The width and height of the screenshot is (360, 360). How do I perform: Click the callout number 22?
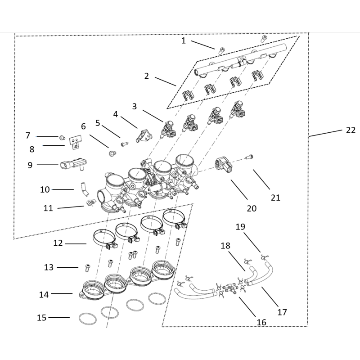pos(350,130)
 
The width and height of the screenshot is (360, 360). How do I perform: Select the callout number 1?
pos(184,41)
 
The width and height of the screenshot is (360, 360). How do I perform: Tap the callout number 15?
pos(41,318)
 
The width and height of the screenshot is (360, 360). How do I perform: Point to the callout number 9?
pos(30,165)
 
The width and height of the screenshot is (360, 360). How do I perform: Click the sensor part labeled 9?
pos(73,164)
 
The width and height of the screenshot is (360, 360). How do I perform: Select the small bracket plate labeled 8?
pos(76,142)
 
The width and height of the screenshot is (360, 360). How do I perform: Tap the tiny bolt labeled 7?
pos(63,137)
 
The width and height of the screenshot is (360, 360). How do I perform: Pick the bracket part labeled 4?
pos(144,134)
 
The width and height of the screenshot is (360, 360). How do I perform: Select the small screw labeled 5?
pos(125,144)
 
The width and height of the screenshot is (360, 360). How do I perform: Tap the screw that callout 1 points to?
pos(221,49)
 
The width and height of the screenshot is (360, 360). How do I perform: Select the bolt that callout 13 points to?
pos(87,269)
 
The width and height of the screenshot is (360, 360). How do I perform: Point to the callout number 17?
pos(282,312)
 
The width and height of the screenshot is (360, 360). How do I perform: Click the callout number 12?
pos(58,243)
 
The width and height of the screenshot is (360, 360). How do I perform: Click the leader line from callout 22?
pos(325,133)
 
